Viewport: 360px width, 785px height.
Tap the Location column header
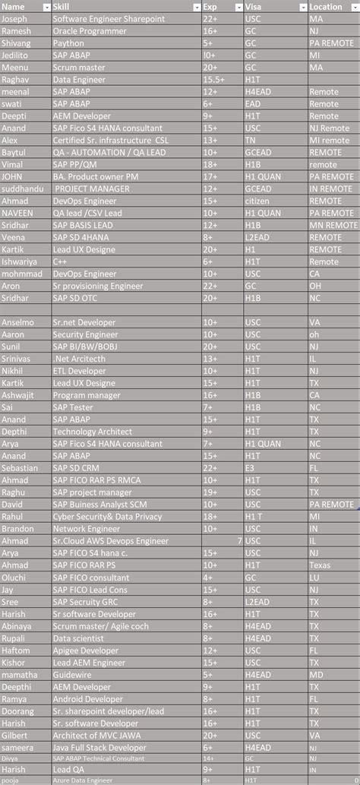(326, 6)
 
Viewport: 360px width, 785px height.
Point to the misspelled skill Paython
(68, 43)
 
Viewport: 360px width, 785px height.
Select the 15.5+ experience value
(213, 79)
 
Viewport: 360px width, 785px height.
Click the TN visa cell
(251, 140)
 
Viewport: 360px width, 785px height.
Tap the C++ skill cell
(60, 261)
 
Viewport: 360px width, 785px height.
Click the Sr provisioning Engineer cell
(98, 286)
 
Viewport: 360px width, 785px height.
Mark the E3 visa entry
(250, 468)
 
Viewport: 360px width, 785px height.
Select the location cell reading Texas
(321, 565)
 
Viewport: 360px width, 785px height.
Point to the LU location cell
(315, 578)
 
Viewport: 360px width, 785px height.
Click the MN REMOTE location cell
(333, 225)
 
